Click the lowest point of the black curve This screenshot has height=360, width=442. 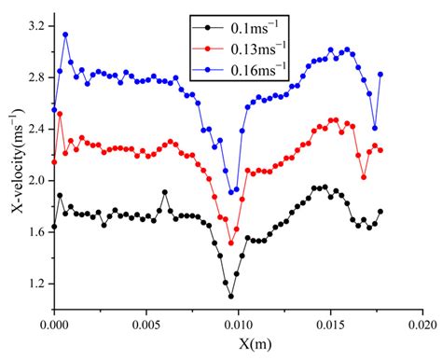231,296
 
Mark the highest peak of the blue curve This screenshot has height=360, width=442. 65,35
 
